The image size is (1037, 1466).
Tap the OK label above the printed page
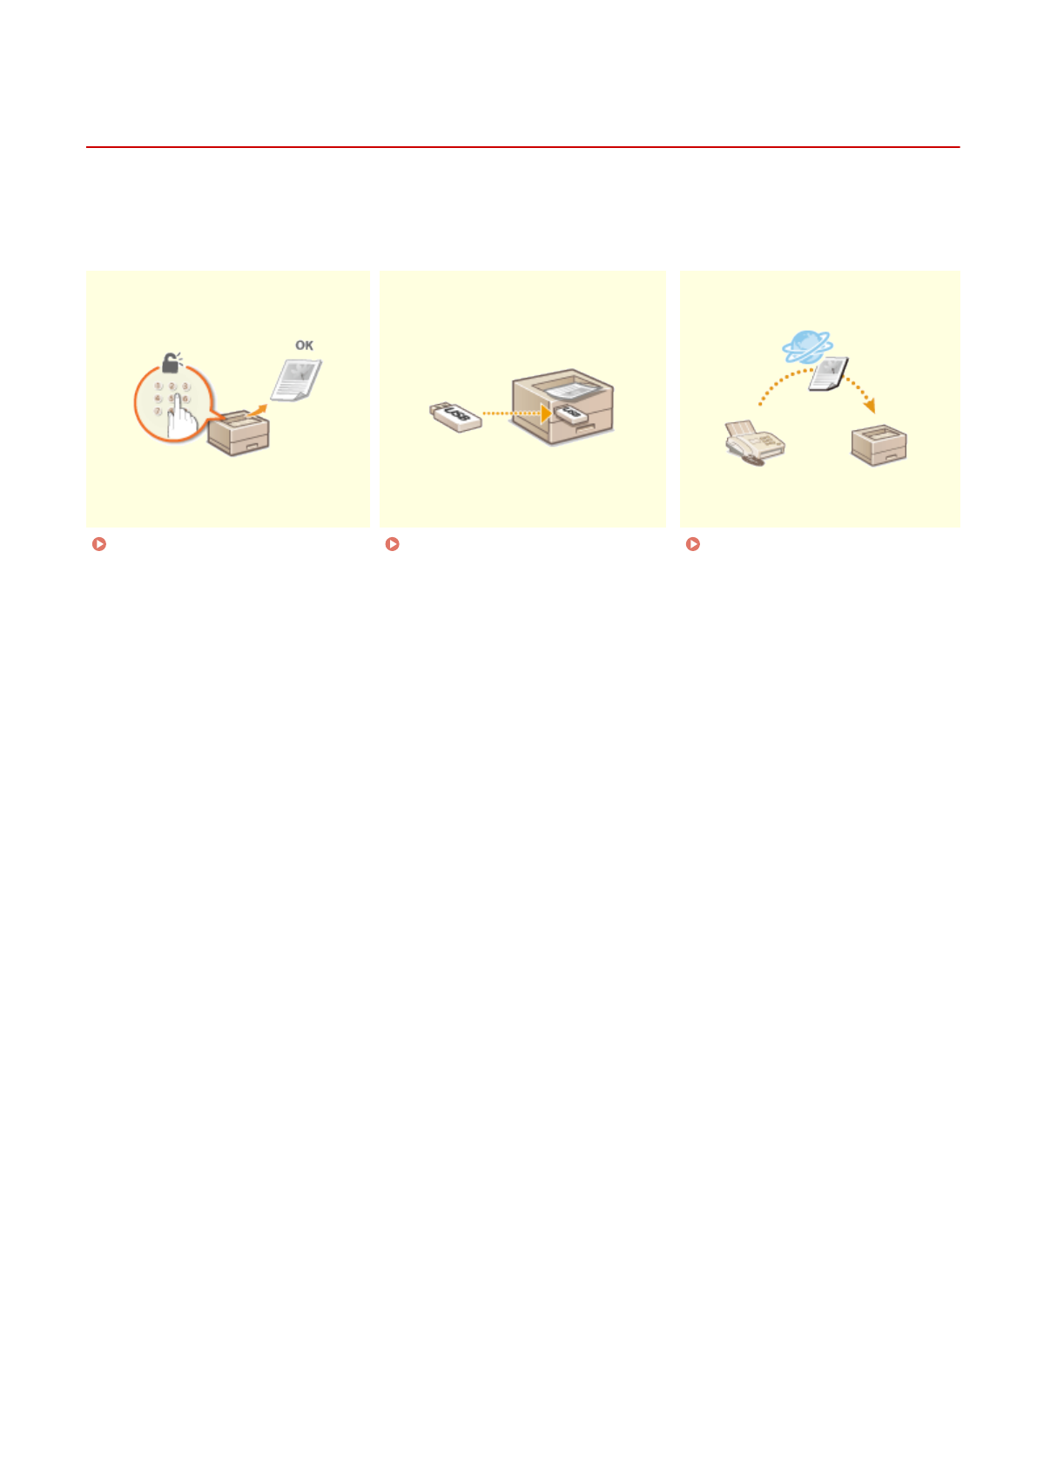click(x=304, y=346)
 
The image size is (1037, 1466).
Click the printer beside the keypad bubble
click(x=239, y=434)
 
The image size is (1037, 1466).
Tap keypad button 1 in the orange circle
click(x=158, y=386)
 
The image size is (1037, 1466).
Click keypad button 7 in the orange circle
click(x=158, y=411)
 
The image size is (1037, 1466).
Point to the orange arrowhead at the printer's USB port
click(x=545, y=413)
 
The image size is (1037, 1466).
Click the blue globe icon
click(x=807, y=346)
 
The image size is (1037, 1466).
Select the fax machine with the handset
click(x=754, y=442)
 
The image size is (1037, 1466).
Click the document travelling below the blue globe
click(x=827, y=374)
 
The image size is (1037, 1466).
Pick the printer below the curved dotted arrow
click(x=879, y=446)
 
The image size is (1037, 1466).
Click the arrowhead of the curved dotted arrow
click(x=869, y=406)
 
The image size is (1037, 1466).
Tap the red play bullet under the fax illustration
click(x=693, y=544)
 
